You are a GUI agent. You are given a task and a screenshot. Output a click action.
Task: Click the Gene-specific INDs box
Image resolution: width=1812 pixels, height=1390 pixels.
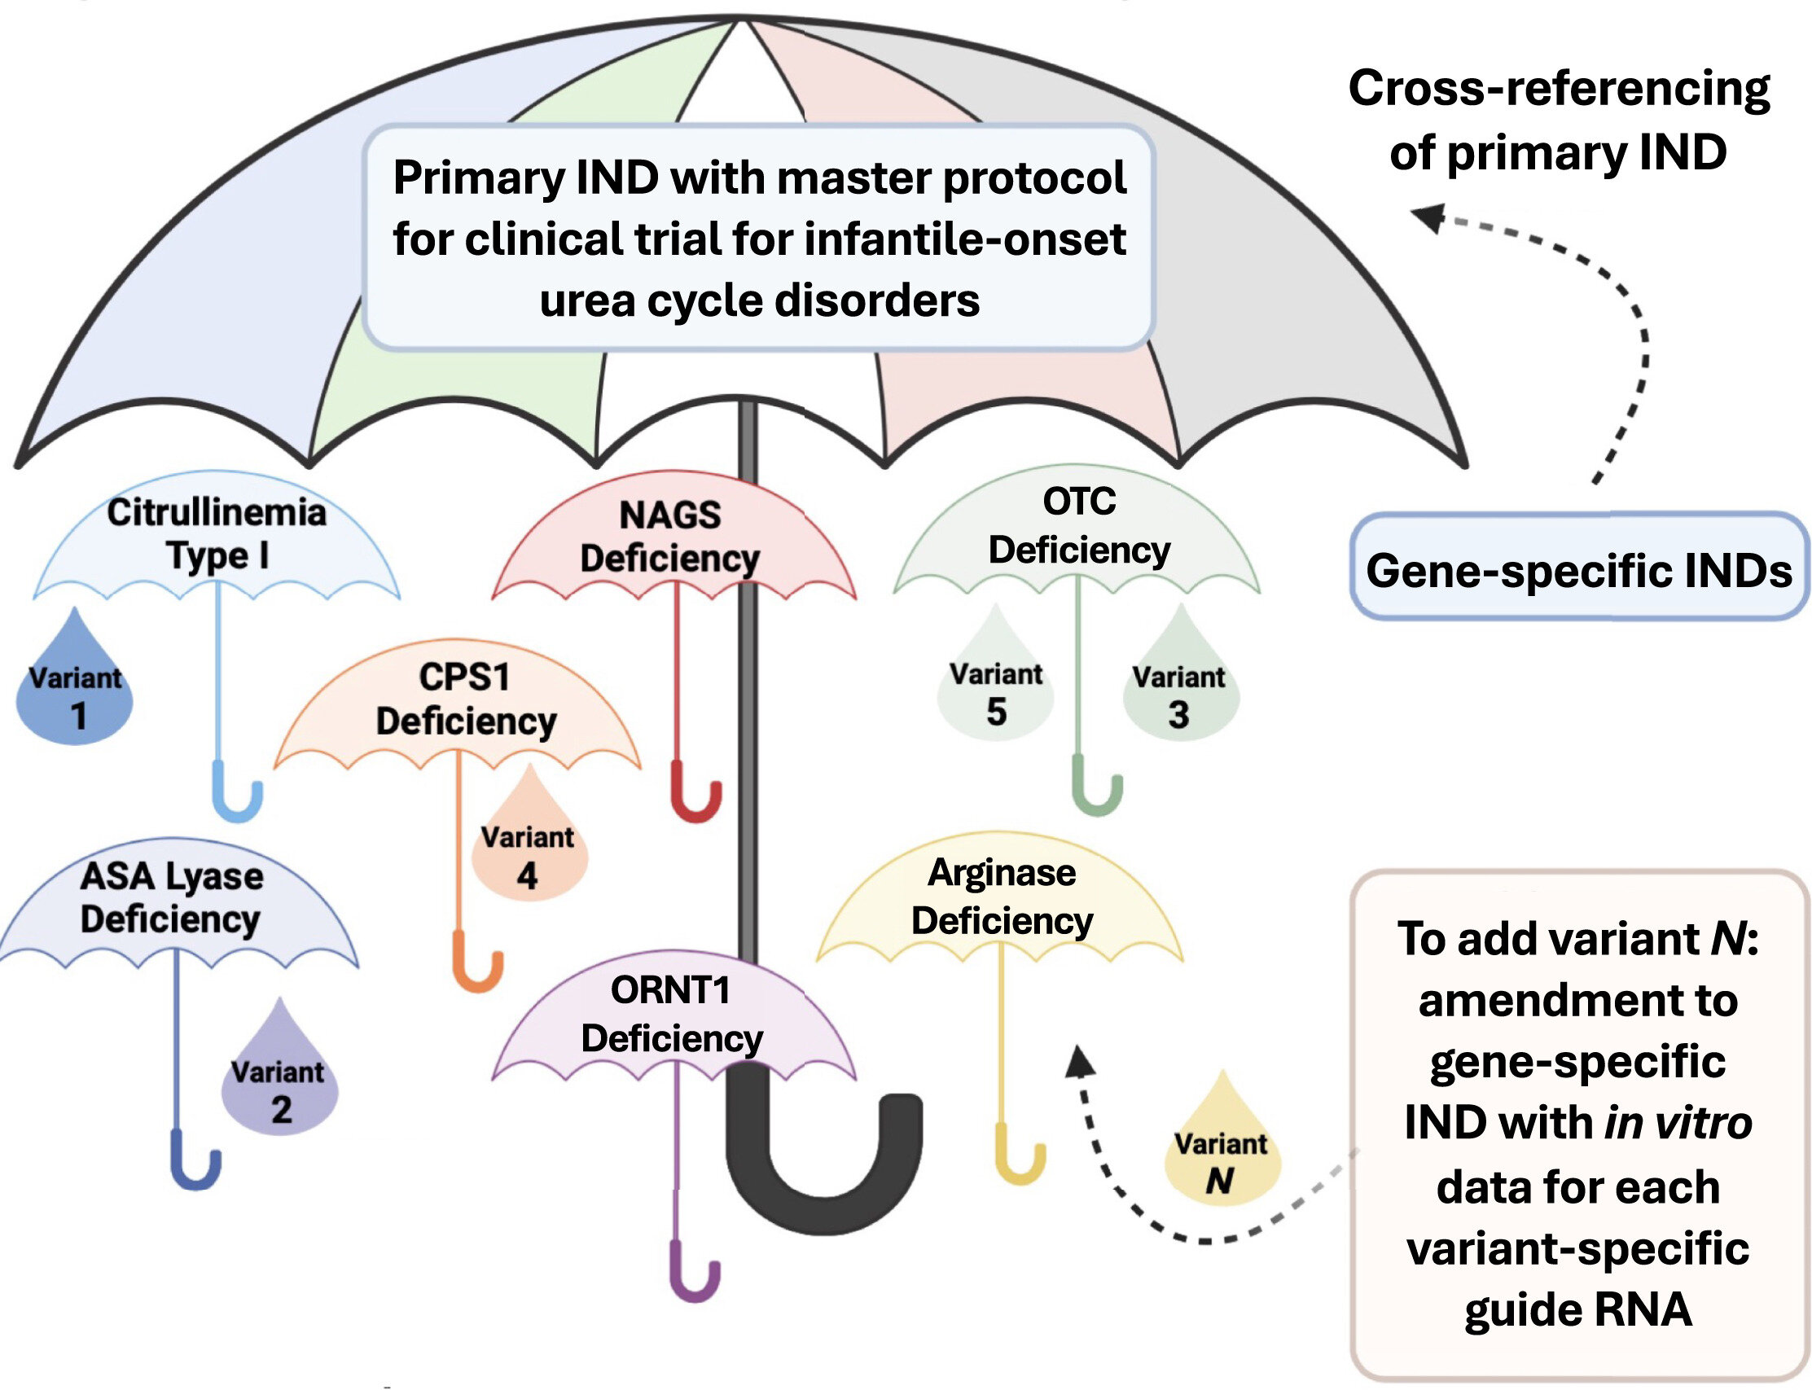click(x=1578, y=570)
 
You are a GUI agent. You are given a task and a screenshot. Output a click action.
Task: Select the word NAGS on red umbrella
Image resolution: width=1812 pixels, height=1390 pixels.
click(x=670, y=515)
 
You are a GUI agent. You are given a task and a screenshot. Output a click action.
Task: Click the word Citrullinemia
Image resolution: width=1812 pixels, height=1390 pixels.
click(x=217, y=513)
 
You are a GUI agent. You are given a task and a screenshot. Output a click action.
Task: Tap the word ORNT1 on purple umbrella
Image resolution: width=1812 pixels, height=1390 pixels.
click(x=670, y=990)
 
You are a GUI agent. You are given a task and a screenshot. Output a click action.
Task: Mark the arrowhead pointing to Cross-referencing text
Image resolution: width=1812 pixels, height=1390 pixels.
click(x=1428, y=216)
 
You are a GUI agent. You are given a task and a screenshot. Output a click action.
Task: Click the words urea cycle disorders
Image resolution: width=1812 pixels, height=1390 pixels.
click(x=760, y=300)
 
